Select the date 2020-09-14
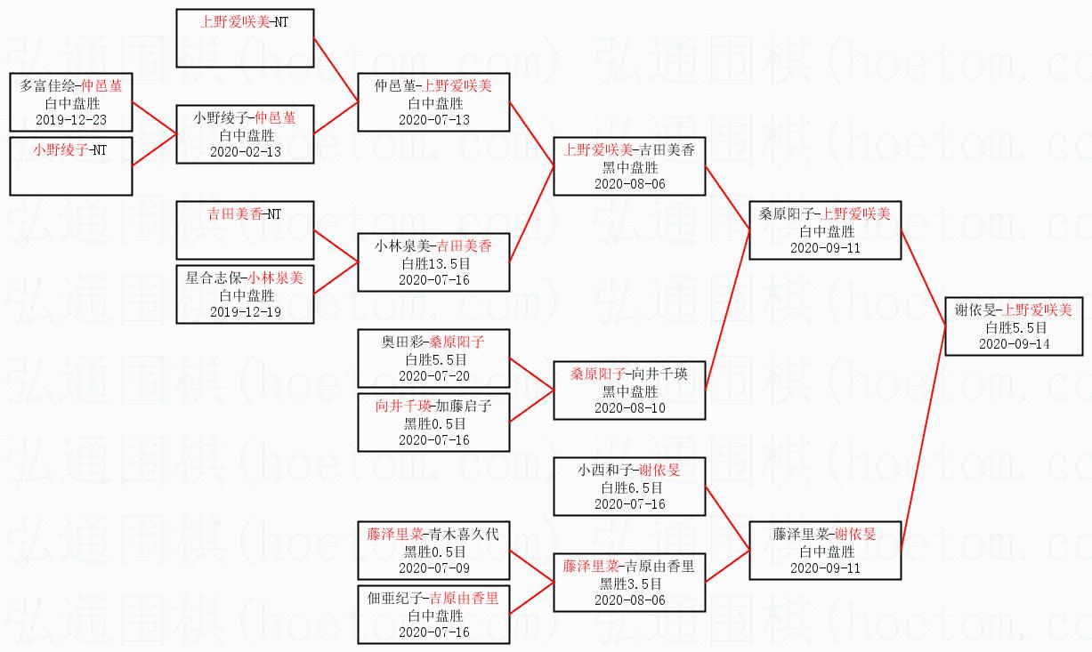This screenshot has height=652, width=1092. point(1015,344)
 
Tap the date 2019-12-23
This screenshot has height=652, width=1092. point(71,119)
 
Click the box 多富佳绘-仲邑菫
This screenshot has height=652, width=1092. point(71,102)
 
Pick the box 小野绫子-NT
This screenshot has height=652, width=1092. point(71,165)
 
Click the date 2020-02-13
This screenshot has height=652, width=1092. point(246,151)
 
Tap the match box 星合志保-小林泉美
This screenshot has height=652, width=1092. point(246,294)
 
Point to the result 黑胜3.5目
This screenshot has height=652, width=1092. point(630,584)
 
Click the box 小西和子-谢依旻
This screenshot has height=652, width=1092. point(630,487)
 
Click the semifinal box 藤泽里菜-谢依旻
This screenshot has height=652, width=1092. point(826,551)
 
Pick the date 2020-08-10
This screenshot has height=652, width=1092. point(630,407)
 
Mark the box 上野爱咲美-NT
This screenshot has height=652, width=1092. point(246,38)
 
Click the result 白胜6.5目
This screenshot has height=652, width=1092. point(630,487)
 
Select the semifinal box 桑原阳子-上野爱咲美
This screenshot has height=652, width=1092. point(826,230)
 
